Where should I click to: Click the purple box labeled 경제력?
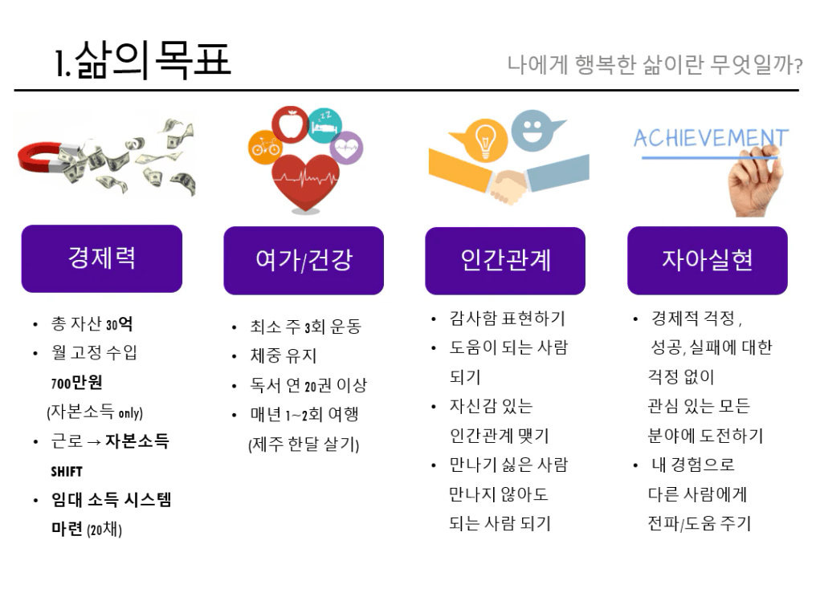[x=101, y=258]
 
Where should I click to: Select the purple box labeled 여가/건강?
[x=304, y=260]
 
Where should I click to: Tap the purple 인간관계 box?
[x=505, y=261]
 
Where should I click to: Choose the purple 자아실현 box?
[x=708, y=260]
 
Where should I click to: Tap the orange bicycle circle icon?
[x=265, y=147]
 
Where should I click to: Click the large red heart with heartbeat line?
[x=305, y=182]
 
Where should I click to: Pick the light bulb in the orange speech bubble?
[x=485, y=140]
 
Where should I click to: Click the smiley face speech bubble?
[x=533, y=130]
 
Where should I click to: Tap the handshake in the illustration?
[x=508, y=186]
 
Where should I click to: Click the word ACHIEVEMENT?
[x=711, y=138]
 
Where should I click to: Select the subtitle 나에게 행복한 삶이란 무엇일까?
[x=655, y=65]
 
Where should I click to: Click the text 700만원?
[x=76, y=383]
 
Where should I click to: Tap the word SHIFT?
[x=67, y=472]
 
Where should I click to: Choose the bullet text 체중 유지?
[x=283, y=355]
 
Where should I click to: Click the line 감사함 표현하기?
[x=508, y=319]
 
